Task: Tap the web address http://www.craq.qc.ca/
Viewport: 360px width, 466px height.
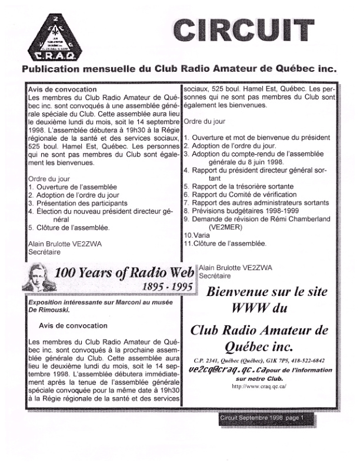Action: coord(261,387)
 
